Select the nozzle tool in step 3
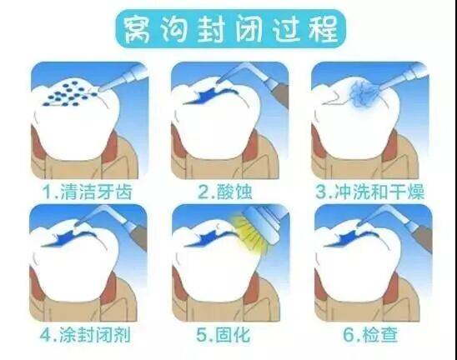click(399, 79)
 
